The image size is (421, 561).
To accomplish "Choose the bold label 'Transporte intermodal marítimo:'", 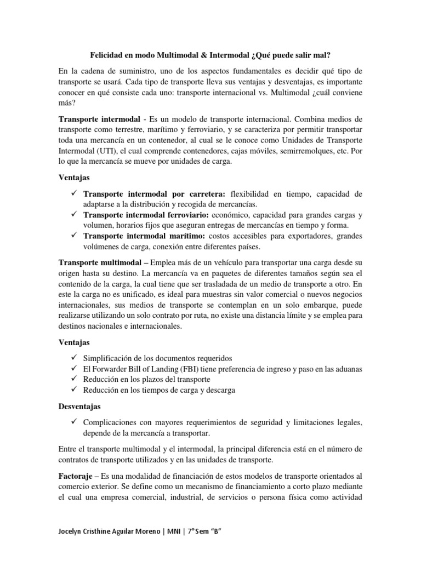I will [x=144, y=236].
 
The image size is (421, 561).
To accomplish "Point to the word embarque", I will [x=302, y=305].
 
